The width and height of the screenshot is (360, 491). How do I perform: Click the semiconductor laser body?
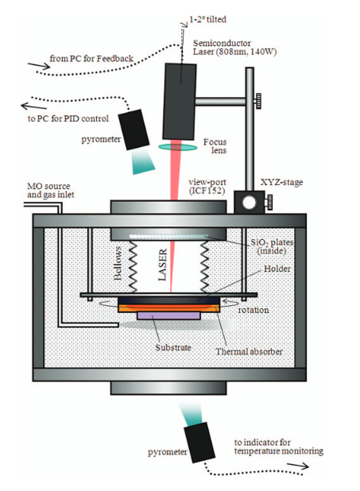[180, 102]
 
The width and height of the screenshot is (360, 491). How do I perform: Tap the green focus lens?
[178, 147]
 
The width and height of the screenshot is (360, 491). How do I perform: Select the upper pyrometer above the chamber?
[134, 130]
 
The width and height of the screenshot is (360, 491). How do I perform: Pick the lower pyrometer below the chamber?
[199, 443]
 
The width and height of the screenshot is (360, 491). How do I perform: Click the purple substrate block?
[168, 315]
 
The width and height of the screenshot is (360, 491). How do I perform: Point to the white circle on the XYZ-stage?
[249, 203]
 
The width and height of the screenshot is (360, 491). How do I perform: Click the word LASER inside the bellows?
[162, 265]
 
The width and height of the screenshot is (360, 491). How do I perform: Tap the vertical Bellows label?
[118, 263]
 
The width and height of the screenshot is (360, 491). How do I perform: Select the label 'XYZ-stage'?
[281, 182]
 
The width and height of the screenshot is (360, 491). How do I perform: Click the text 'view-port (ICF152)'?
[207, 187]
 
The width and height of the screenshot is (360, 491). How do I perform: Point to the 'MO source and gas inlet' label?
[50, 191]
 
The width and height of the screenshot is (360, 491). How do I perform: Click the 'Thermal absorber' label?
[249, 352]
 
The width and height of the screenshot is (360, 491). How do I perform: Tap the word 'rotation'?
[254, 310]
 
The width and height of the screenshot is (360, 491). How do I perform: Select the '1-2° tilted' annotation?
[207, 19]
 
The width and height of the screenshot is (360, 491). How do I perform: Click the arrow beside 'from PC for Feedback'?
[39, 66]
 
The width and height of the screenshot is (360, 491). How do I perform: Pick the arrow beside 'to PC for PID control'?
[34, 106]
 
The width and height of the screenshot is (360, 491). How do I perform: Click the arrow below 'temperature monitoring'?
[298, 466]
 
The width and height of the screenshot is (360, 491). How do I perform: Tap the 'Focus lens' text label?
[215, 146]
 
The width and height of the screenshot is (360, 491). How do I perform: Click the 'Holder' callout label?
[277, 269]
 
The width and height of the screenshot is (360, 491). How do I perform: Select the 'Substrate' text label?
[173, 347]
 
